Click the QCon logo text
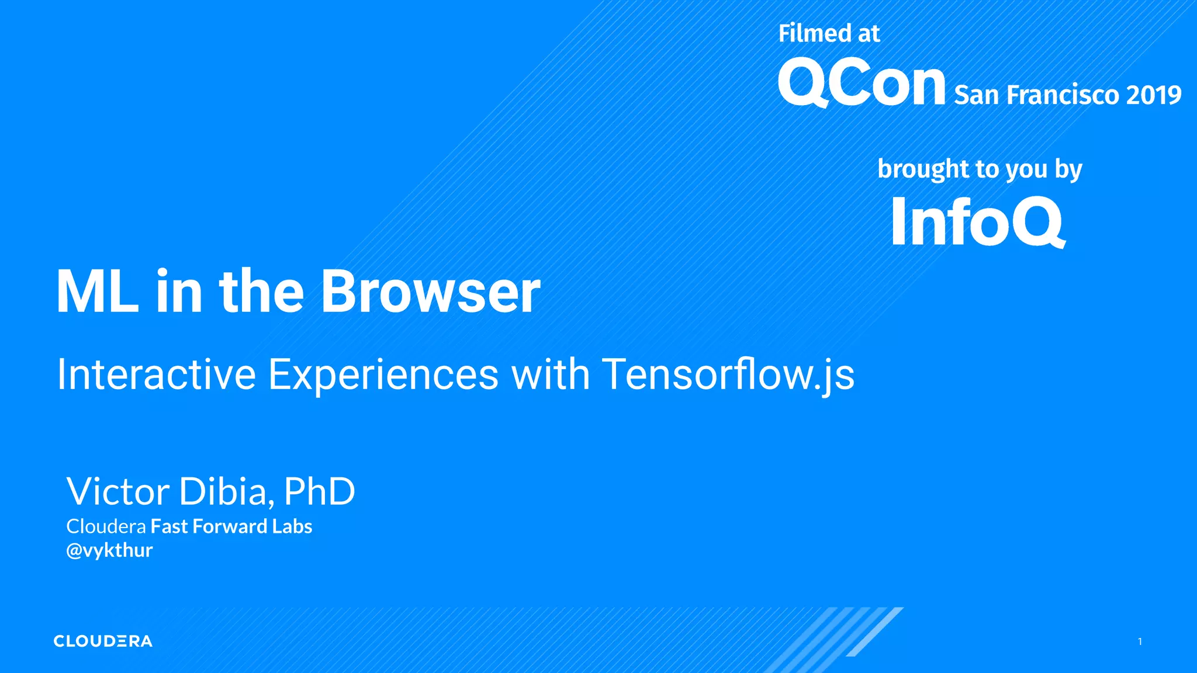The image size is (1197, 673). click(861, 84)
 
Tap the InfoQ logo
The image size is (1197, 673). click(977, 222)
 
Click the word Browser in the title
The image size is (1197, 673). click(431, 292)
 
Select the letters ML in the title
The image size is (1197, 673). click(97, 292)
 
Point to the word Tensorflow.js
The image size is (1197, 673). click(728, 374)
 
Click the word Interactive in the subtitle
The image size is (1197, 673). click(156, 374)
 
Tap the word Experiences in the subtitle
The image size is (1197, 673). click(383, 374)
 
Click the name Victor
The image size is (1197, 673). click(117, 491)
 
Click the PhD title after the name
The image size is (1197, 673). click(319, 491)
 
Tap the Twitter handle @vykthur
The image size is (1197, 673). click(109, 550)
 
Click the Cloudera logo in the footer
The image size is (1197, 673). click(103, 641)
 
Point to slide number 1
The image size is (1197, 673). click(1140, 641)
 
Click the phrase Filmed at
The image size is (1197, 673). click(829, 33)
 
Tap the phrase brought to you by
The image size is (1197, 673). click(980, 169)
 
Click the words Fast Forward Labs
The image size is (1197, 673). click(231, 526)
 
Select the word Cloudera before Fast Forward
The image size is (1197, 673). click(106, 526)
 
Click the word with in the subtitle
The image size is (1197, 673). click(551, 374)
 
